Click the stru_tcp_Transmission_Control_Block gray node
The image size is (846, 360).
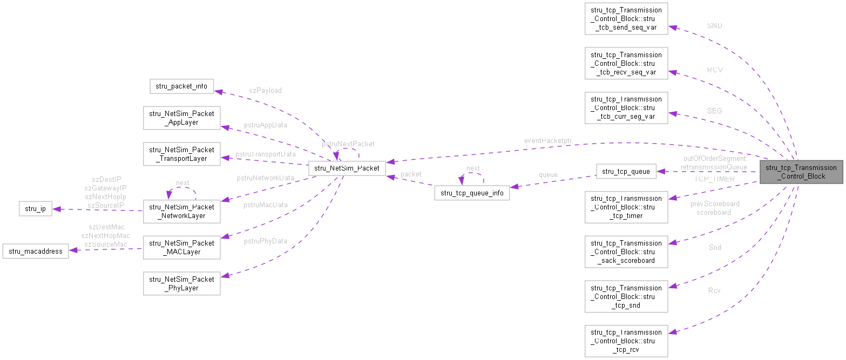[801, 172]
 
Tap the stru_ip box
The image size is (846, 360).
[35, 208]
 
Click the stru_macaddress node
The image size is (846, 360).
[36, 251]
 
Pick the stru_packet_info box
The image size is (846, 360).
[181, 86]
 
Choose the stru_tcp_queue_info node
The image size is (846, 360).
[471, 193]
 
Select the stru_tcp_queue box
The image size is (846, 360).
[626, 172]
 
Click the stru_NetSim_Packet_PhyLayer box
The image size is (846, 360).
[181, 283]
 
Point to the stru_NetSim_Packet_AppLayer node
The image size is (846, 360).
[181, 118]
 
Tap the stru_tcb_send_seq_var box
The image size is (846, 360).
[626, 19]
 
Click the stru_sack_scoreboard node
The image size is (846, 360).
[626, 252]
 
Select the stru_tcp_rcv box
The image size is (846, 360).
[626, 341]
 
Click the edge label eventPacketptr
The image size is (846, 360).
[547, 141]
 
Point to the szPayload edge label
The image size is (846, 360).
[266, 91]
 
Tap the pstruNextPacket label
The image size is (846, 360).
[348, 144]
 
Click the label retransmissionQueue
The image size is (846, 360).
[714, 167]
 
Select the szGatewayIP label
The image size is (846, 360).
[105, 188]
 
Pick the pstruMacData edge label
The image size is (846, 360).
[265, 205]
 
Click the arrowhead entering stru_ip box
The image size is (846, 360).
[56, 209]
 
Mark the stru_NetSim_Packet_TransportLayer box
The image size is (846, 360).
[181, 154]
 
